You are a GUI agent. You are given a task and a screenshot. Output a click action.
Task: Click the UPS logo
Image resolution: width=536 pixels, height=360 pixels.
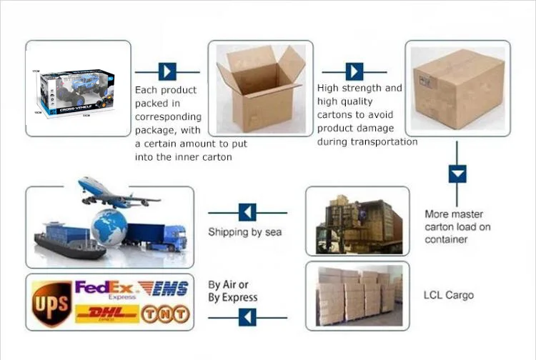point(51,301)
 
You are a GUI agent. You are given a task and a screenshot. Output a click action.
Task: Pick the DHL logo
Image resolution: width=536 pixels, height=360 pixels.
point(106,314)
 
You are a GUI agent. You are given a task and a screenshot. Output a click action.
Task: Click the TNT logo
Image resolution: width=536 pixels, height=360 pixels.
point(165,314)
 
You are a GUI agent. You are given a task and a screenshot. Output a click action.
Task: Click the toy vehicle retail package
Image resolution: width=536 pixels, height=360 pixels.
point(78,89)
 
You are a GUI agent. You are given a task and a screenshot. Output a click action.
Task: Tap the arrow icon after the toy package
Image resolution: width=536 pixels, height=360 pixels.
point(167,71)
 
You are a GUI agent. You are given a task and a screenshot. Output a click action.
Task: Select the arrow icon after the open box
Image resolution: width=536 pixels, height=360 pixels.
point(354,71)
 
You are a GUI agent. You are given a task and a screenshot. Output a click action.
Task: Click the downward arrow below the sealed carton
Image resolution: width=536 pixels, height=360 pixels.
point(457,174)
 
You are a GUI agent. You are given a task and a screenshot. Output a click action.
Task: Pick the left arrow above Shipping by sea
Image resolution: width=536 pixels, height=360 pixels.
point(247,212)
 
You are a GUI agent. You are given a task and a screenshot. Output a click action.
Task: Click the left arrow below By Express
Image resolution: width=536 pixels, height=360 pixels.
point(247,317)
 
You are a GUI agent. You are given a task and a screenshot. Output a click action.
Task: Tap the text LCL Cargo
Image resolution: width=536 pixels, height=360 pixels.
point(448,295)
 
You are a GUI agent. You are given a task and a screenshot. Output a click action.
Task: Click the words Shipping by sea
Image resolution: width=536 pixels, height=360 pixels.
point(244,232)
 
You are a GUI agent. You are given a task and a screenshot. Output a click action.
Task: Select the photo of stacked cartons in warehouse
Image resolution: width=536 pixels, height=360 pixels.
point(357,295)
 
